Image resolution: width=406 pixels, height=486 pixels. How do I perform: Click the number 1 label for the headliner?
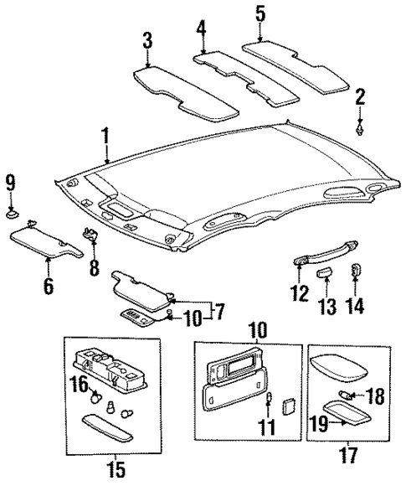tap(105, 134)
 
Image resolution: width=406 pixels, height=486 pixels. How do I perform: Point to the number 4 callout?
tap(201, 28)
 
